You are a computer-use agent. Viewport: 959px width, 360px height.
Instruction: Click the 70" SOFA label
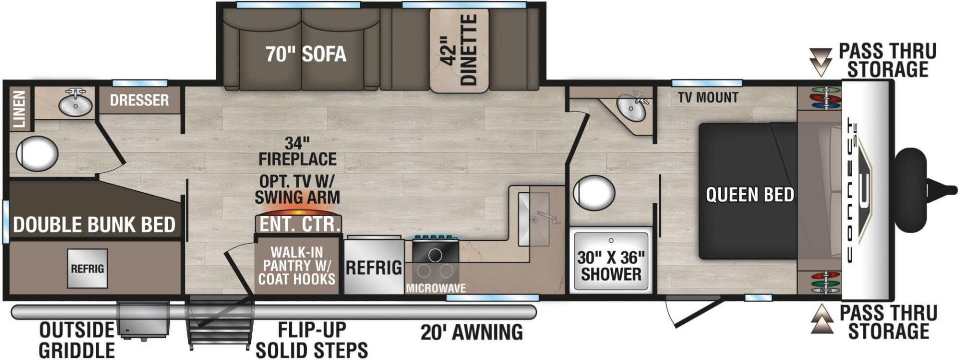pos(306,54)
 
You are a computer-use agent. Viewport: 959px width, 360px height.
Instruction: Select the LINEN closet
pos(20,108)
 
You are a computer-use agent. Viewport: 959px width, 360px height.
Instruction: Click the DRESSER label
pos(139,100)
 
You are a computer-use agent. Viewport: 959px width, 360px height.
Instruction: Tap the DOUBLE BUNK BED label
pos(94,225)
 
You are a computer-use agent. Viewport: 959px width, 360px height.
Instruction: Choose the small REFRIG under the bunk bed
pos(87,269)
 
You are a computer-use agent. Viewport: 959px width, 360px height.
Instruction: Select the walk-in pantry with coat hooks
pos(297,266)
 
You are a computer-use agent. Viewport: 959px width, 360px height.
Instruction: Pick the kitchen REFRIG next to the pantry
pos(374,268)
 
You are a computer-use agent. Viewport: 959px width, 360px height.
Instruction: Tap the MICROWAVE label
pos(436,288)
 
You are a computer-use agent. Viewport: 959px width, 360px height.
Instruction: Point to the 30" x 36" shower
pos(611,260)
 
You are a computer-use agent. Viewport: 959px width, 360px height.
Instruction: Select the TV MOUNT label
pos(708,97)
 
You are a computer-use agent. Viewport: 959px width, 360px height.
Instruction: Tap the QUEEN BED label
pos(750,194)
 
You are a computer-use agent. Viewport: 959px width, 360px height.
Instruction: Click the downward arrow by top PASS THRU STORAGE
pos(820,61)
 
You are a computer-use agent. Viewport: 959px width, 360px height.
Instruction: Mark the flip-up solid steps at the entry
pos(219,322)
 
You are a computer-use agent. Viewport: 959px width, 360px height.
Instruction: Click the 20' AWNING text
pos(472,332)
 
